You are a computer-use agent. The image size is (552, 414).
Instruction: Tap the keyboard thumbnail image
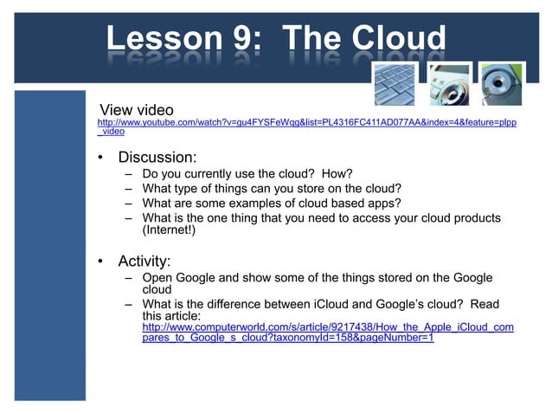[394, 84]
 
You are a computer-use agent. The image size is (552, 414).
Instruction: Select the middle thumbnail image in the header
[449, 84]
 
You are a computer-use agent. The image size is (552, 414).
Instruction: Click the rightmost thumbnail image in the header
[503, 84]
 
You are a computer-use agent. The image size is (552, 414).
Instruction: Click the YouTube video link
[306, 126]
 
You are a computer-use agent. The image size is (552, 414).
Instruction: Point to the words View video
[137, 110]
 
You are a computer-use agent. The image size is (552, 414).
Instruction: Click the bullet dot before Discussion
[101, 158]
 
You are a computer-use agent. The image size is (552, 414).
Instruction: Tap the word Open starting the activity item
[158, 278]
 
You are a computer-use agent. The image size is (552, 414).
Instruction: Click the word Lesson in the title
[158, 39]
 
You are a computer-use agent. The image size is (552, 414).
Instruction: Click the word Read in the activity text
[483, 304]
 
